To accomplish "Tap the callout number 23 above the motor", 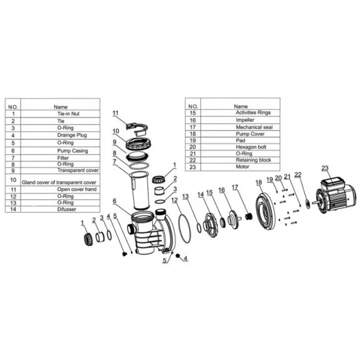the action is tap(325, 168).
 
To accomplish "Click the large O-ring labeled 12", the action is tap(184, 228).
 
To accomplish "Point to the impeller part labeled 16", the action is tap(234, 219).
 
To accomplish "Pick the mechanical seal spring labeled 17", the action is tap(248, 216).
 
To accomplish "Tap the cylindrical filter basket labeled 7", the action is tap(139, 190).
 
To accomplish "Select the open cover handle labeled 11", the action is tap(137, 130).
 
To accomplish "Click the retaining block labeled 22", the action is tap(307, 204).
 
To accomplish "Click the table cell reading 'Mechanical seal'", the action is tap(254, 127).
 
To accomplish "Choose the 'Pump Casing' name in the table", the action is tap(73, 151).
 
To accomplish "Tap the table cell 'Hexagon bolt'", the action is tap(251, 147).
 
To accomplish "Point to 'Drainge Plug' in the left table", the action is tap(72, 136).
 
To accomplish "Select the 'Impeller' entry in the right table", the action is tap(245, 120).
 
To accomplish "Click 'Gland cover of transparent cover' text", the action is tap(59, 183).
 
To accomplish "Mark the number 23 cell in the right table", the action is tap(193, 167).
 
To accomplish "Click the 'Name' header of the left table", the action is tap(61, 107).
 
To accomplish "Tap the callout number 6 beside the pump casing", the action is tap(115, 201).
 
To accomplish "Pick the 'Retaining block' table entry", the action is tap(254, 160).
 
